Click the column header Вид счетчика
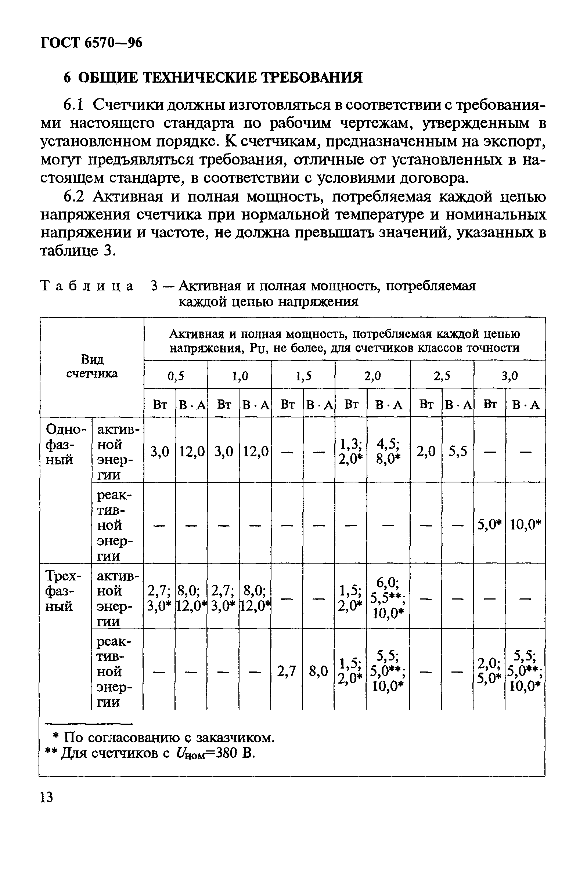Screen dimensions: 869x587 coord(92,366)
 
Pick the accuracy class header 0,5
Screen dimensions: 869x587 coord(176,376)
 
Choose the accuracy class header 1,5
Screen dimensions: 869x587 coord(303,376)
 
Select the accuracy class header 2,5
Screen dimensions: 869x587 coord(442,376)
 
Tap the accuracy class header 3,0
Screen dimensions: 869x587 coord(509,376)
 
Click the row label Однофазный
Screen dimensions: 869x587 coord(63,444)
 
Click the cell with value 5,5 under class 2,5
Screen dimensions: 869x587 coord(458,452)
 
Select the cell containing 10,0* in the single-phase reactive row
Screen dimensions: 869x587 coord(525,525)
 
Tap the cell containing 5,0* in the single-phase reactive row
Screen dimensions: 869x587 coord(489,525)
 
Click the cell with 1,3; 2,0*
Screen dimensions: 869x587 coord(350,452)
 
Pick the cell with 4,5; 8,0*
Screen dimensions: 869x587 coord(388,452)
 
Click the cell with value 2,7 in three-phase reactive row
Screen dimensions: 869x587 coord(287,671)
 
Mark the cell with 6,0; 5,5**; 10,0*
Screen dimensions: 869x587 coord(388,598)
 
